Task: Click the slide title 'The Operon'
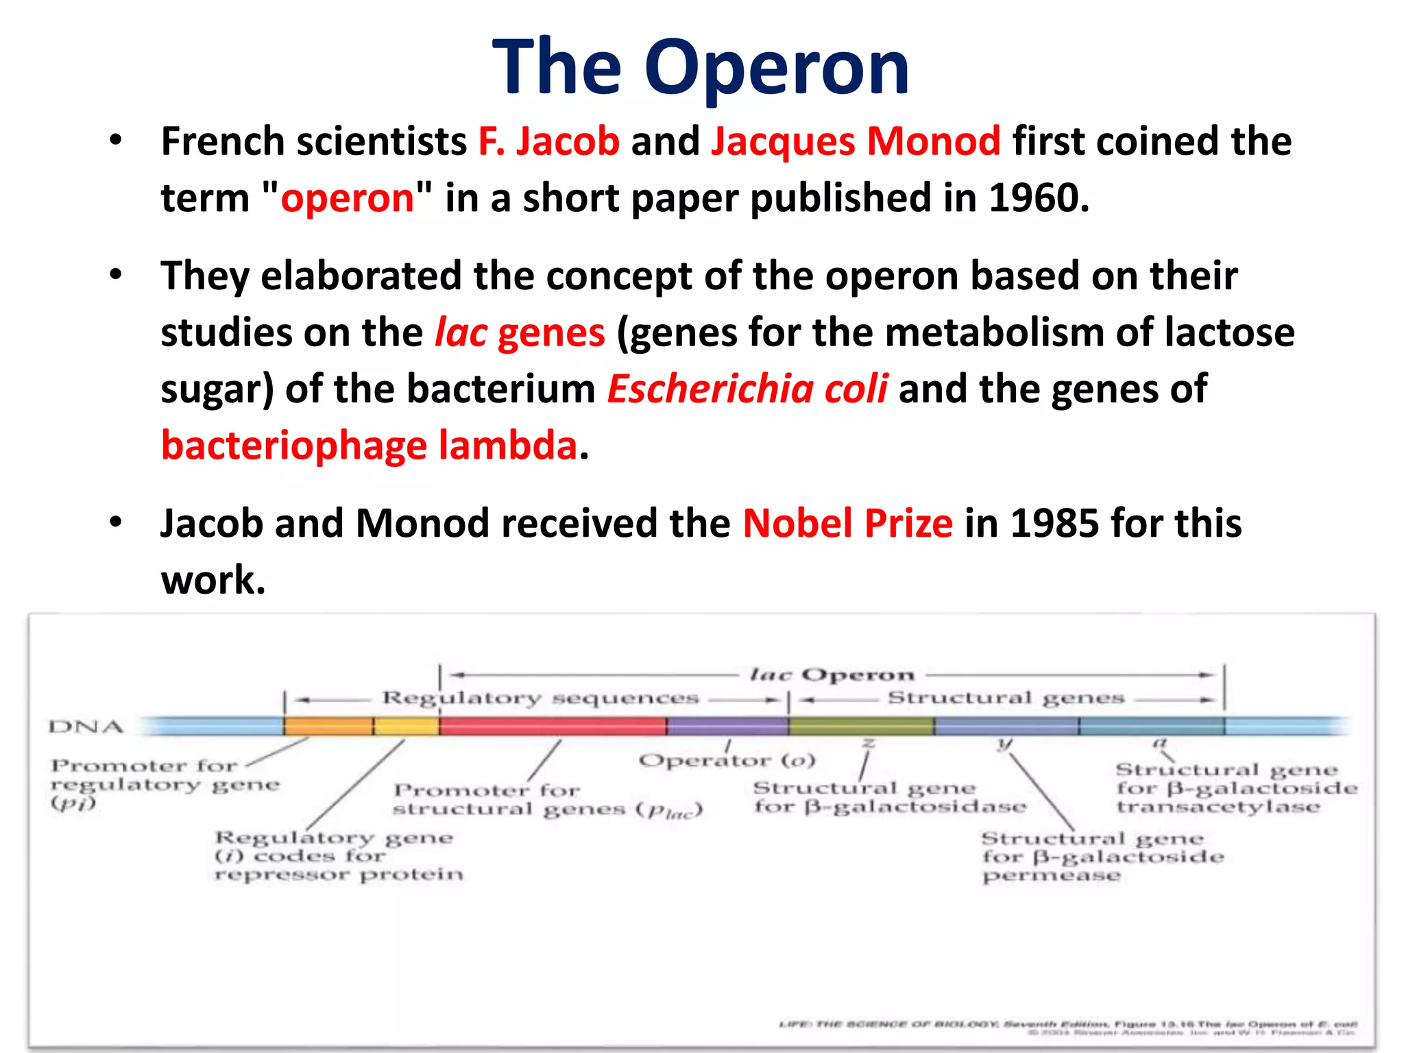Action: pos(701,67)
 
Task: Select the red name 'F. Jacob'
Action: pos(548,141)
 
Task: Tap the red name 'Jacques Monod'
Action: pos(855,141)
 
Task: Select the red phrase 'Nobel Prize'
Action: pos(847,524)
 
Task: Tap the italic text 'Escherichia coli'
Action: pos(747,389)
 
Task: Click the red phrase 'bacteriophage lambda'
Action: pos(370,446)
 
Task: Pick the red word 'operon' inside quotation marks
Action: pos(348,198)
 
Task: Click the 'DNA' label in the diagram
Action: pos(86,727)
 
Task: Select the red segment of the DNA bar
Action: pos(553,725)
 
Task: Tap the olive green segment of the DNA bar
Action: pos(861,725)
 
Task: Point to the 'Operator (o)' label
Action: pos(727,760)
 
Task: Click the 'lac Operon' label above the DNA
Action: pos(832,675)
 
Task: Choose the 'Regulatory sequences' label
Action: pos(540,698)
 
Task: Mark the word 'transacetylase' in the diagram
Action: pos(1218,807)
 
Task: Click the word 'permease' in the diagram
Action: pos(1051,876)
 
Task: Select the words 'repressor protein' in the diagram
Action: pos(339,875)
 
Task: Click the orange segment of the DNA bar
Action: pos(329,725)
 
